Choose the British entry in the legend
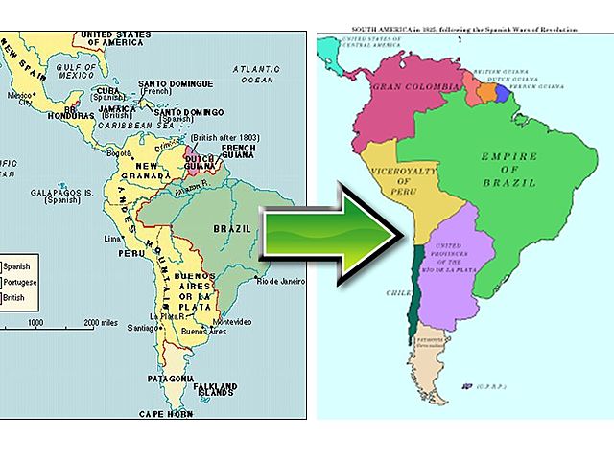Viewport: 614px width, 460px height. point(16,298)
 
